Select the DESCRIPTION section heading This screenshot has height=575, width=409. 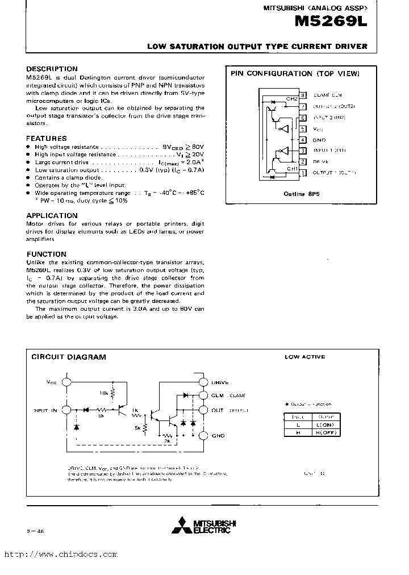pyautogui.click(x=52, y=69)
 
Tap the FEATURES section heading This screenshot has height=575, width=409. pyautogui.click(x=47, y=138)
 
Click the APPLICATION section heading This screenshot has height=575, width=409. pyautogui.click(x=52, y=215)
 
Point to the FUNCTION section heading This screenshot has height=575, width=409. pyautogui.click(x=47, y=254)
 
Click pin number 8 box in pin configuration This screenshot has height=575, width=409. pyautogui.click(x=303, y=95)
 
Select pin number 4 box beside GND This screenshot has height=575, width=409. pyautogui.click(x=303, y=140)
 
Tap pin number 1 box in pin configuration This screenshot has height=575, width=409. pyautogui.click(x=303, y=173)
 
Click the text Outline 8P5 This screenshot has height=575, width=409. pyautogui.click(x=302, y=194)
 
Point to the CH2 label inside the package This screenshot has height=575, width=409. pyautogui.click(x=291, y=99)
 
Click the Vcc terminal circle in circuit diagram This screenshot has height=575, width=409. pyautogui.click(x=68, y=383)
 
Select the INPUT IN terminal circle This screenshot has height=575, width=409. pyautogui.click(x=68, y=410)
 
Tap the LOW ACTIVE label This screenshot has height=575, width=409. pyautogui.click(x=305, y=357)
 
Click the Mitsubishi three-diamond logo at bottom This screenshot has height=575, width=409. pyautogui.click(x=184, y=524)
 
